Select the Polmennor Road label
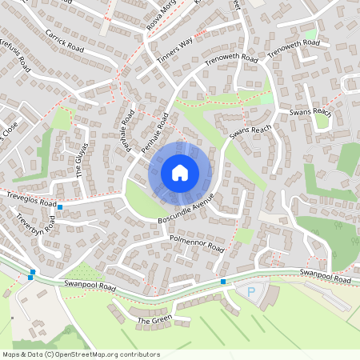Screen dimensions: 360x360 click(196, 242)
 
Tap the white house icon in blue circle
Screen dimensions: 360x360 click(180, 172)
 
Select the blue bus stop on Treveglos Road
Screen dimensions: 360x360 click(60, 207)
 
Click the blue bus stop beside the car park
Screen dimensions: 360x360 click(222, 282)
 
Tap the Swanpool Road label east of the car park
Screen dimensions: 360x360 click(326, 276)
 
